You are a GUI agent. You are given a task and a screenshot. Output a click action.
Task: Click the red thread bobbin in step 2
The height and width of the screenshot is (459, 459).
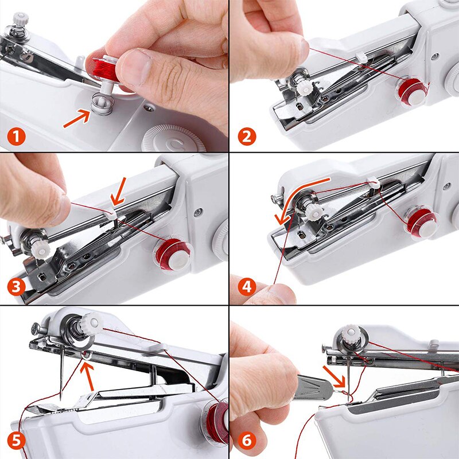[x=412, y=91]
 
